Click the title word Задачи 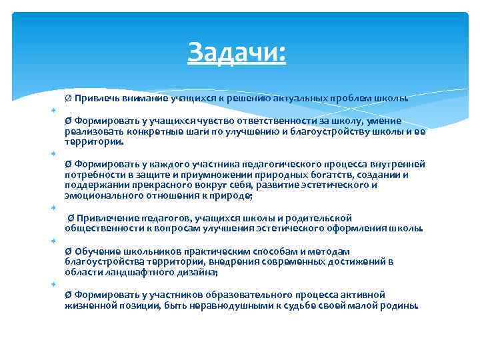[x=237, y=51]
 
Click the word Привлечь [x=96, y=99]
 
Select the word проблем [x=353, y=99]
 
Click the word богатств [x=306, y=175]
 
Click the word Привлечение [x=105, y=218]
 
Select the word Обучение [x=96, y=251]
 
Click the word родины [x=401, y=305]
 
